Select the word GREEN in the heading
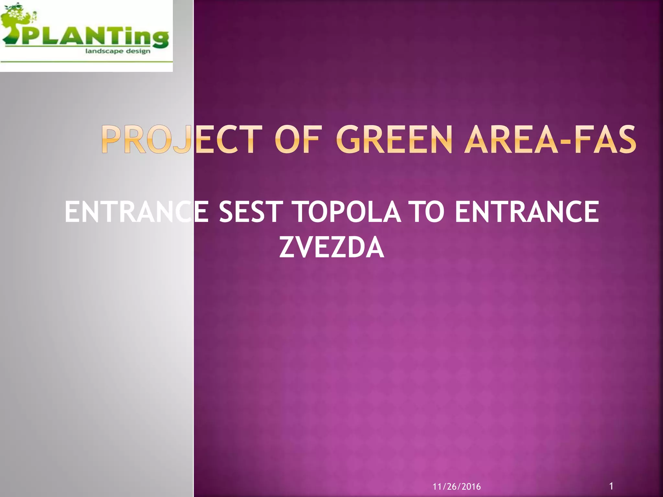(393, 139)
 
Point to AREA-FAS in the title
(550, 139)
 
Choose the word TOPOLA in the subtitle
(348, 212)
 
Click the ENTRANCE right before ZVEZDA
(527, 212)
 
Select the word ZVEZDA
(331, 248)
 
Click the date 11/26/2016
(456, 487)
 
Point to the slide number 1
(611, 486)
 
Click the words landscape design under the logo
(118, 51)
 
